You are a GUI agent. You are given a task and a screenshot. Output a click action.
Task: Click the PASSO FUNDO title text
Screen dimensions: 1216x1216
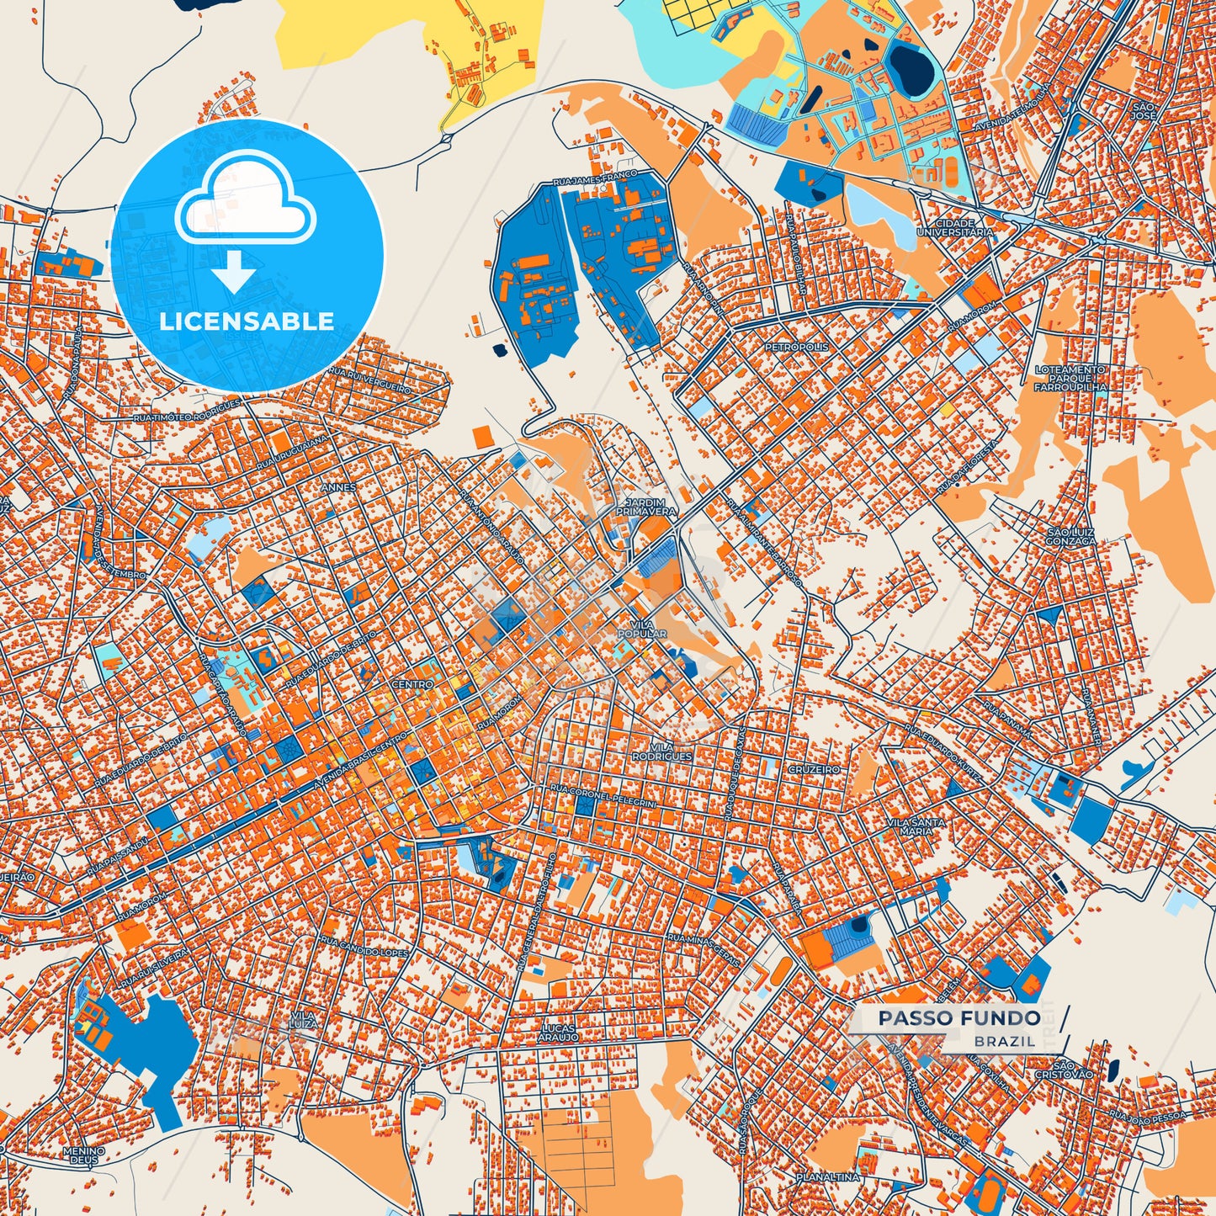tap(958, 1018)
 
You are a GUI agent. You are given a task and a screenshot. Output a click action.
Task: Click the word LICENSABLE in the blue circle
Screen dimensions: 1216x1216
tap(247, 321)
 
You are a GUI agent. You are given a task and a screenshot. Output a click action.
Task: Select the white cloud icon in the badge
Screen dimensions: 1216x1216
tap(245, 200)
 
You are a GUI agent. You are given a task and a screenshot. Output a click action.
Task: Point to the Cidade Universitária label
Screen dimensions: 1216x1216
tap(954, 227)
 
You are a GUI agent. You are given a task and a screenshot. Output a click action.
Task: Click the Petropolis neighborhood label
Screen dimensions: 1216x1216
tap(796, 347)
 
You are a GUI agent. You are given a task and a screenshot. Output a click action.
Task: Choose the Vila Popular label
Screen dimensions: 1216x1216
tap(642, 629)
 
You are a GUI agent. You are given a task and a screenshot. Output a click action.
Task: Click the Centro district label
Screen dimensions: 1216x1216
tap(412, 685)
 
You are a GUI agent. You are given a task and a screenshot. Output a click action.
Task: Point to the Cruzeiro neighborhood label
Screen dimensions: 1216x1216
tap(814, 769)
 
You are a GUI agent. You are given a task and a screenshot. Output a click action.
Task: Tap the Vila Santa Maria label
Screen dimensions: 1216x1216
tap(916, 826)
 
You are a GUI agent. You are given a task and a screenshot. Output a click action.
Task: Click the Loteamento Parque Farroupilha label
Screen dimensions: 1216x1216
tap(1070, 378)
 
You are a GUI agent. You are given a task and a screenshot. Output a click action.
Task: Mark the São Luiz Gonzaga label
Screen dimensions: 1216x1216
tap(1071, 537)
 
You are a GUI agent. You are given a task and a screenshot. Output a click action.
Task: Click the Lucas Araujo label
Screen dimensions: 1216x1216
tap(560, 1033)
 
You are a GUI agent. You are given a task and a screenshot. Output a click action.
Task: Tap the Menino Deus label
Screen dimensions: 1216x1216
tap(84, 1155)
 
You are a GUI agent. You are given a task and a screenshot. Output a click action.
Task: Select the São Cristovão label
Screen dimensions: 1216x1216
tap(1064, 1070)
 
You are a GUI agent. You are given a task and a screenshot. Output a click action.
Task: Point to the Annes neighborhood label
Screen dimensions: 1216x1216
tap(338, 487)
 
